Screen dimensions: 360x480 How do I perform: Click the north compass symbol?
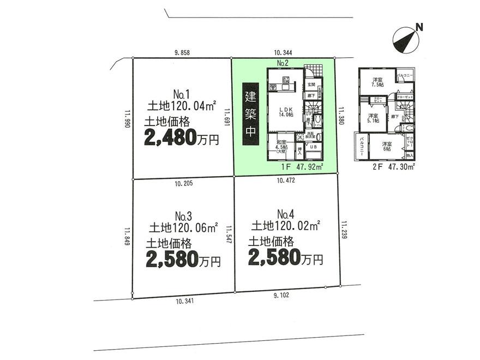pos(404,37)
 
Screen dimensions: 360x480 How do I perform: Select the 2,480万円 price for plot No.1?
pos(181,139)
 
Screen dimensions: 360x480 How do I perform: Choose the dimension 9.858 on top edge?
pos(184,52)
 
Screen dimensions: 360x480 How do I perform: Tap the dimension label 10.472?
pos(286,181)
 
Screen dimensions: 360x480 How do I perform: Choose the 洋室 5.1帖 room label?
pos(373,118)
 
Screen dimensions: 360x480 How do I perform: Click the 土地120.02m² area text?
pos(285,224)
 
